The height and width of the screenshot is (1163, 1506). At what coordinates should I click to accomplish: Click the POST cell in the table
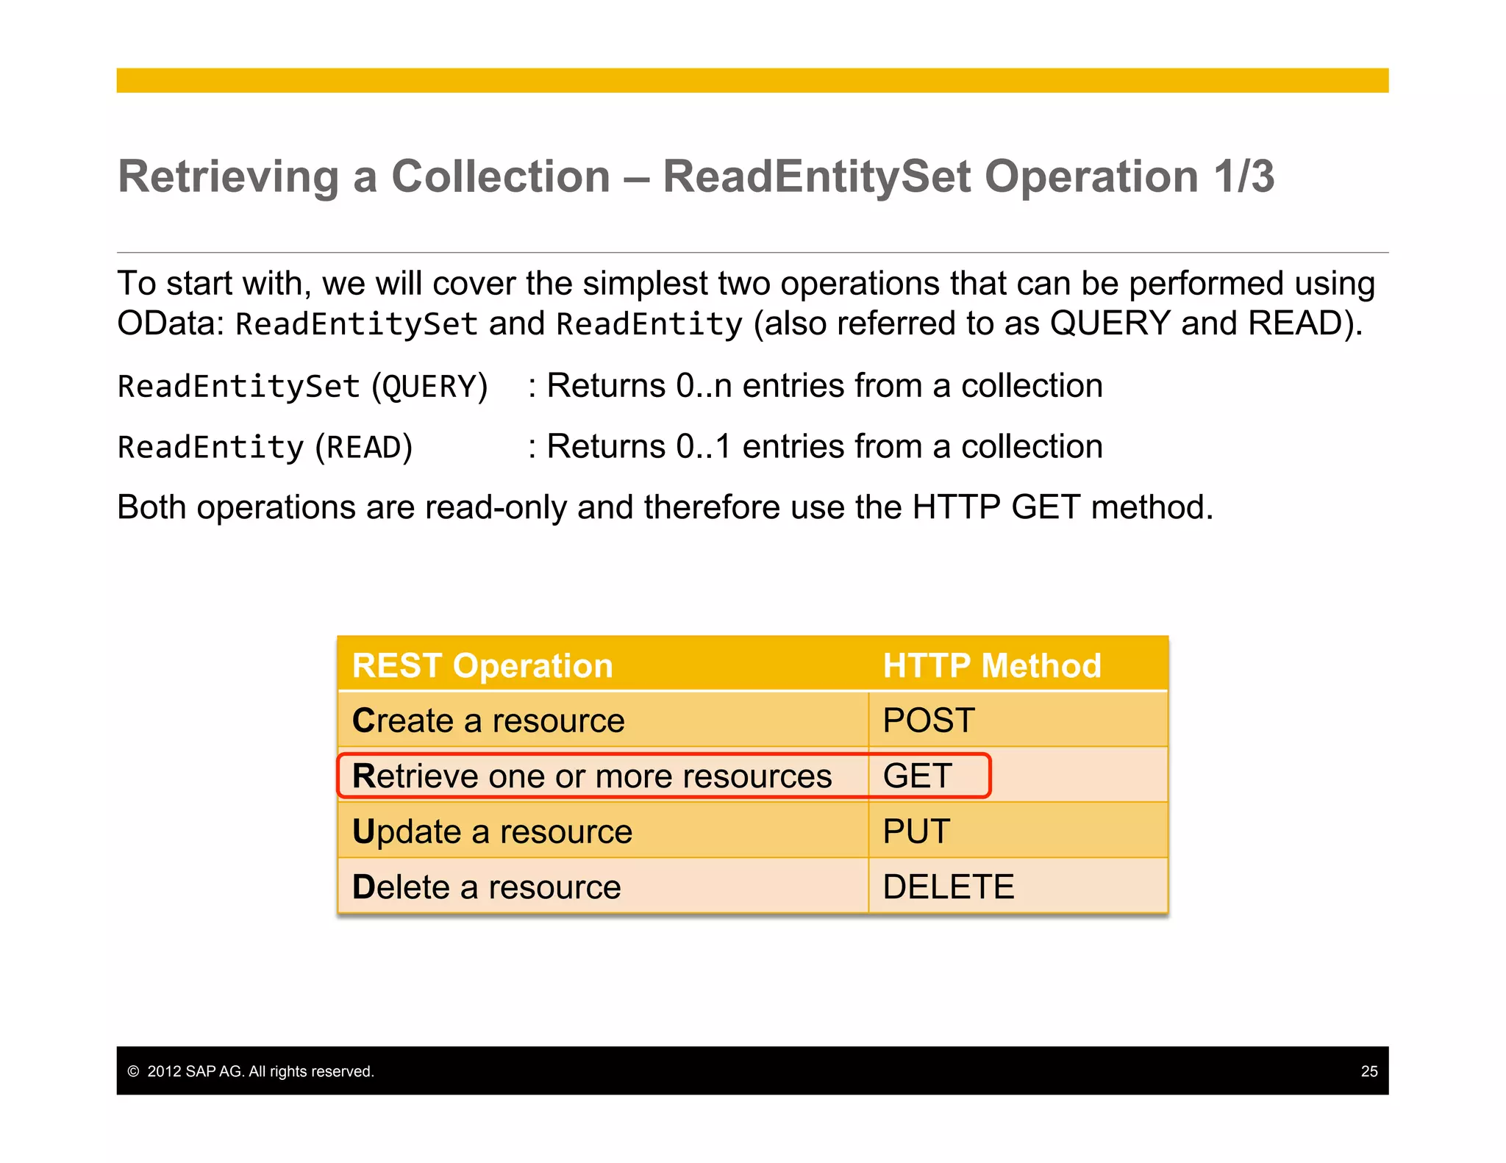pyautogui.click(x=929, y=720)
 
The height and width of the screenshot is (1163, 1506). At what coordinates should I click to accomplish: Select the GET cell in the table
pyautogui.click(x=917, y=776)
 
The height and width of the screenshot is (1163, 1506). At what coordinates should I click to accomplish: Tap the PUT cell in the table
pyautogui.click(x=916, y=831)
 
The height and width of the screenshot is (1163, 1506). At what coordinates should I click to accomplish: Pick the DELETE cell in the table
pyautogui.click(x=948, y=887)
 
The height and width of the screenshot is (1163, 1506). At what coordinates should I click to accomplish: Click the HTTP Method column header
pyautogui.click(x=991, y=666)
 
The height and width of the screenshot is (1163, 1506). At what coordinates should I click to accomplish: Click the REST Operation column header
pyautogui.click(x=482, y=666)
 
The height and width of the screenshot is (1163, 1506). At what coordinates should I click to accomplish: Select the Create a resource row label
pyautogui.click(x=488, y=720)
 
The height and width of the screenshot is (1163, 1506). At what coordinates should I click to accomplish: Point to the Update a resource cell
pyautogui.click(x=492, y=831)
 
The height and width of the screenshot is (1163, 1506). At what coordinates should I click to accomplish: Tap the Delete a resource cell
pyautogui.click(x=486, y=887)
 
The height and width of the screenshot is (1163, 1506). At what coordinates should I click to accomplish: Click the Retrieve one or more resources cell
pyautogui.click(x=592, y=776)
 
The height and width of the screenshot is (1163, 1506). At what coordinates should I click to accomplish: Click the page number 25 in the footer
pyautogui.click(x=1368, y=1071)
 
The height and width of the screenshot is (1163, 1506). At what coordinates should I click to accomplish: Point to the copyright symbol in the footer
pyautogui.click(x=133, y=1071)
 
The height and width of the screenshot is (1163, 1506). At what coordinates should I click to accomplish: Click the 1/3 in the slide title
pyautogui.click(x=1243, y=176)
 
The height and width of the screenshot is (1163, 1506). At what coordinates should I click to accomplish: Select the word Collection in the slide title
pyautogui.click(x=501, y=176)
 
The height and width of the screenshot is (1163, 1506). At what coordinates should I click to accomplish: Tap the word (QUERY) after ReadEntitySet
pyautogui.click(x=429, y=387)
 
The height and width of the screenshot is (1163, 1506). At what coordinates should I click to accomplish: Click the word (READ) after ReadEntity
pyautogui.click(x=364, y=448)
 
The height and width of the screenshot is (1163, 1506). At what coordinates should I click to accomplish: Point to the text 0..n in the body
pyautogui.click(x=704, y=386)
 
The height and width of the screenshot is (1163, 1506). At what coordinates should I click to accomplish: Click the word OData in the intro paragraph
pyautogui.click(x=170, y=323)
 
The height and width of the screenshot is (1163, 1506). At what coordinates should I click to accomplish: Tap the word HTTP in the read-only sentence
pyautogui.click(x=956, y=507)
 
